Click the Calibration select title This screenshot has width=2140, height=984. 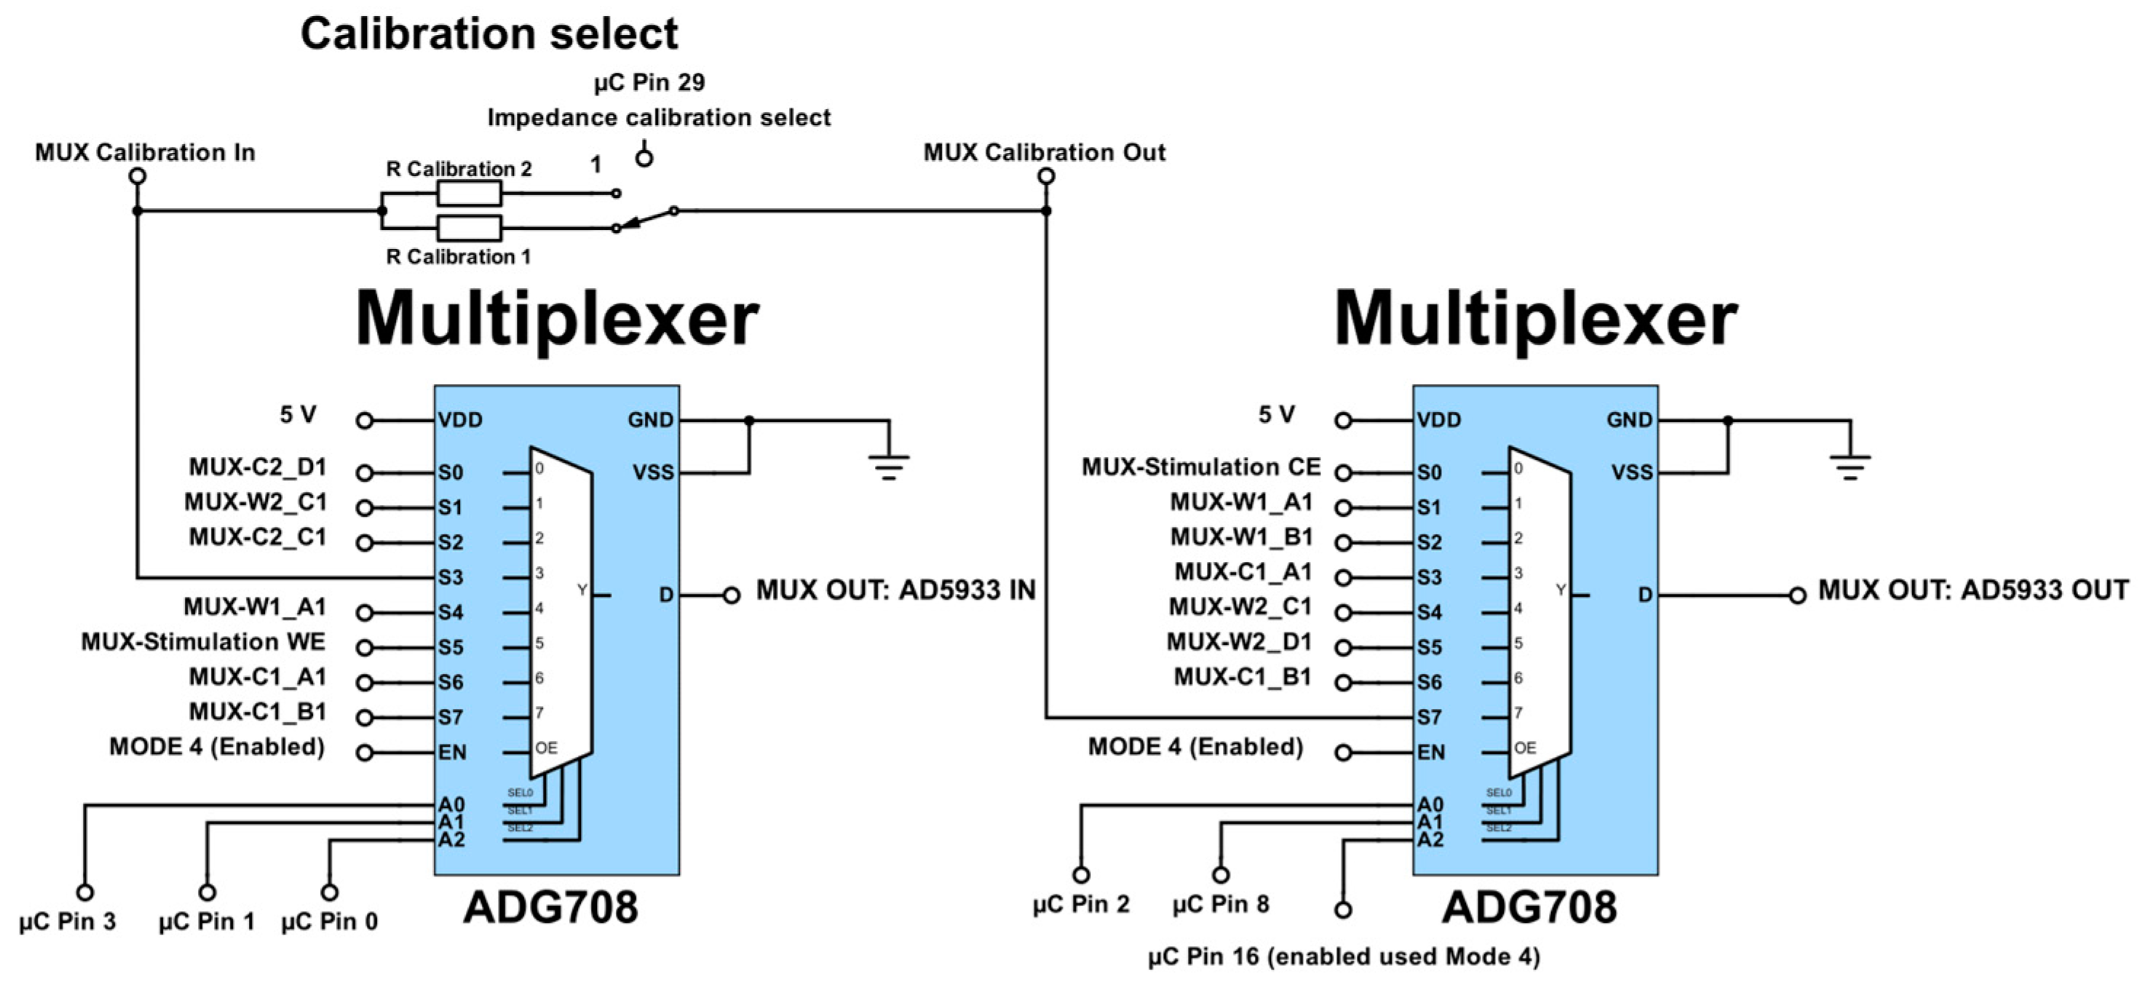[488, 35]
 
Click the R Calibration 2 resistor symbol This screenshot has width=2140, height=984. [469, 194]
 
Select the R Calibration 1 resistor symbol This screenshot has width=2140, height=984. [469, 228]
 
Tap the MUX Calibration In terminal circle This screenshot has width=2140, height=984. [138, 176]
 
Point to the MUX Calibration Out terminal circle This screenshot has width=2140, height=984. [1046, 176]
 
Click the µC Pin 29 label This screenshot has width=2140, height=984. [649, 82]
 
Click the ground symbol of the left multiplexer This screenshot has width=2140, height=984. [888, 466]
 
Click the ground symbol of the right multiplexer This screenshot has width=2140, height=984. [1850, 466]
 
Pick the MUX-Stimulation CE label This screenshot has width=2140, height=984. [1200, 467]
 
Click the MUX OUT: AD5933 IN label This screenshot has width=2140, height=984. [895, 590]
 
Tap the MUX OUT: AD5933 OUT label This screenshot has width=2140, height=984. [1973, 590]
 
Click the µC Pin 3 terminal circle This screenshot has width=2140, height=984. [84, 892]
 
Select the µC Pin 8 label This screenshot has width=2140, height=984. [1221, 904]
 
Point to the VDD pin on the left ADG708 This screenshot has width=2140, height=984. [460, 420]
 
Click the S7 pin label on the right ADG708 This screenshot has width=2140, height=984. [1429, 717]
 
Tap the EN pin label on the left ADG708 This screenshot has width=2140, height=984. [452, 753]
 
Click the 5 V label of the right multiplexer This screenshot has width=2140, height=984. [1276, 414]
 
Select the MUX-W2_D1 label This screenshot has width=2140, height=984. [1239, 642]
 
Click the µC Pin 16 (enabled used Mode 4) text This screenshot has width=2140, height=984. [1343, 957]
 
